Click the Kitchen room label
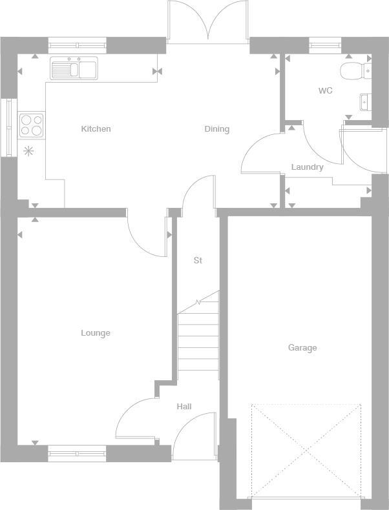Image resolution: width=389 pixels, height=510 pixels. [x=96, y=129]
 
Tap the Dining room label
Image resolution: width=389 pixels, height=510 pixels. [x=216, y=129]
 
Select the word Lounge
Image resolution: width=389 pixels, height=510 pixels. [x=95, y=333]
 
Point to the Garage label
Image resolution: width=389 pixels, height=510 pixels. [x=302, y=348]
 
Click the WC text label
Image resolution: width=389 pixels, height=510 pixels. [x=325, y=91]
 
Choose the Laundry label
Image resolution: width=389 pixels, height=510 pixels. [x=307, y=167]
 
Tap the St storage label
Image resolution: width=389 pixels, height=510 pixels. [x=198, y=261]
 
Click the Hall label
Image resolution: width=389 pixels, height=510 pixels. [x=184, y=407]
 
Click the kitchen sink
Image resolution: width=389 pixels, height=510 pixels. [x=74, y=68]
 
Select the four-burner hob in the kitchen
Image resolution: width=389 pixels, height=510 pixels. [x=32, y=125]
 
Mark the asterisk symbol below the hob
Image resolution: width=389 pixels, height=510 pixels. [x=28, y=152]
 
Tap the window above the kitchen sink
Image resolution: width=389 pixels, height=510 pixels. [x=77, y=45]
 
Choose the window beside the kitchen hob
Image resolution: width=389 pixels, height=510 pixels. [x=8, y=127]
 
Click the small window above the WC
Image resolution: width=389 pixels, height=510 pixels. [x=324, y=45]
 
